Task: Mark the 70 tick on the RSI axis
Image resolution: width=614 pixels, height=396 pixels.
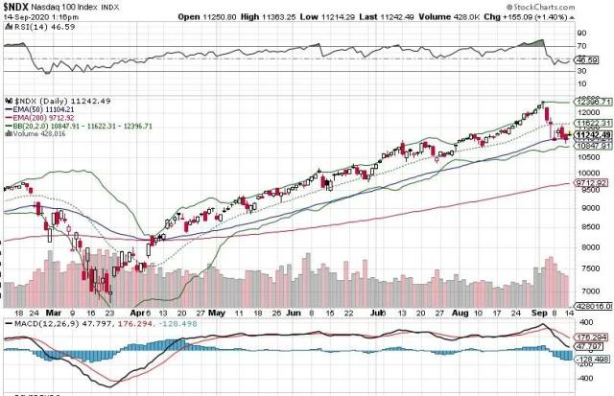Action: point(580,45)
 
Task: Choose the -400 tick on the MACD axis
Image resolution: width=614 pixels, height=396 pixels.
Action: point(583,378)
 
